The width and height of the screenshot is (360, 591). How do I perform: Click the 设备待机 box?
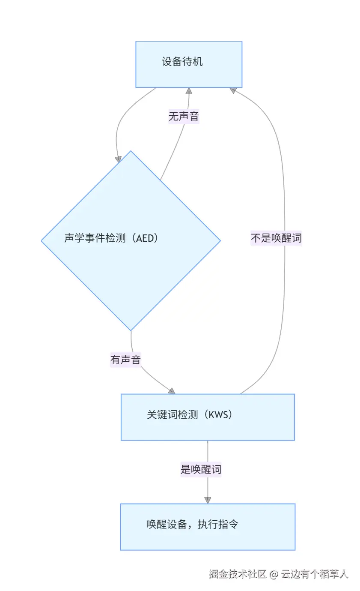[189, 64]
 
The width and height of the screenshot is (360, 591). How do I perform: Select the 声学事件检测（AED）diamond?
[131, 240]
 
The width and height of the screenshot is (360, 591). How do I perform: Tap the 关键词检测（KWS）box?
[208, 417]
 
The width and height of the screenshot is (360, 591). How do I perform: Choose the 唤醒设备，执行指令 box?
[208, 527]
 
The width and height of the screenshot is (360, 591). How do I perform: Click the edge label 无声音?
[184, 116]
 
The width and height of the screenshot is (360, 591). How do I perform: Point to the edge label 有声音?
[125, 360]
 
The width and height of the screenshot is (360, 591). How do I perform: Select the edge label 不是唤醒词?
[276, 238]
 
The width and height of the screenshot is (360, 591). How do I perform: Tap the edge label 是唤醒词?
[201, 469]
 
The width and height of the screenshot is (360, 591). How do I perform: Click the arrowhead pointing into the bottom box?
[208, 500]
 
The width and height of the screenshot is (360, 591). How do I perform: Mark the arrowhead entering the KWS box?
[172, 391]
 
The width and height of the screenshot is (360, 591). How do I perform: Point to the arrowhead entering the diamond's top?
[118, 159]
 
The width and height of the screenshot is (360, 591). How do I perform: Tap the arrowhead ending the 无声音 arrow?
[189, 91]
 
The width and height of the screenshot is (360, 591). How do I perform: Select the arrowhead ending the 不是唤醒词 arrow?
[233, 90]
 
